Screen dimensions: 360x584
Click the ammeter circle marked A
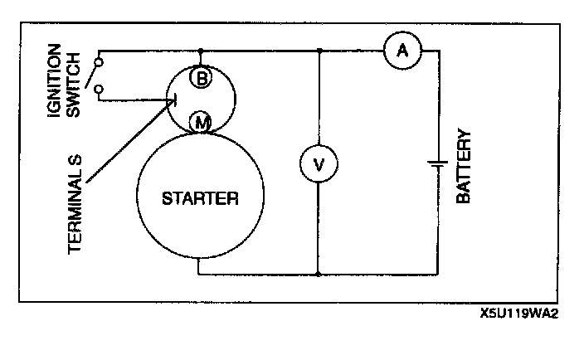(403, 51)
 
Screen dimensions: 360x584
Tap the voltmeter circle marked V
(319, 165)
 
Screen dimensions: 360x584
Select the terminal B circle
(201, 78)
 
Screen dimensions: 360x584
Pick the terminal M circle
(201, 123)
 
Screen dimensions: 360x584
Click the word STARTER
(200, 199)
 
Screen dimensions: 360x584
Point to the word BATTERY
(464, 167)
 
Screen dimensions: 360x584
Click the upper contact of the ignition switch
(99, 61)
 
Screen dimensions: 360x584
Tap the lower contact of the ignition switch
(99, 88)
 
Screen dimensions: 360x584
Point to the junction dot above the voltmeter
(319, 51)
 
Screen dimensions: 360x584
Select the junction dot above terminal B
(201, 51)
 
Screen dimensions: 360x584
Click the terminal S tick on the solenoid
(172, 100)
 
